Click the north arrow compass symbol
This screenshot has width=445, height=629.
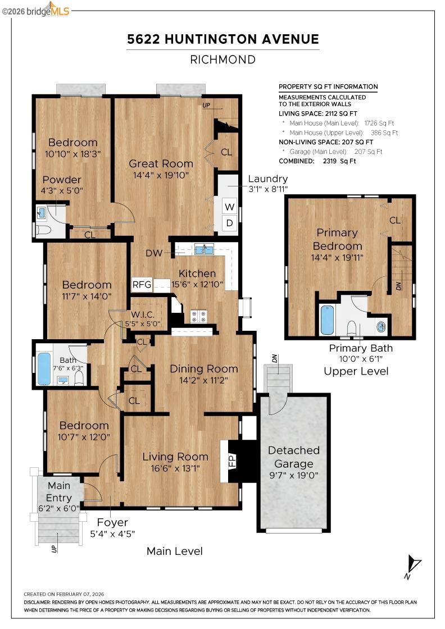(414, 564)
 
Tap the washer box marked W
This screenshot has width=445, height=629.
(229, 206)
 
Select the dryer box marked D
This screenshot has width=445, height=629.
(229, 223)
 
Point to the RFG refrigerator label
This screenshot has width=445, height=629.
(142, 284)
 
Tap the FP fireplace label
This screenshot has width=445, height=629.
(231, 461)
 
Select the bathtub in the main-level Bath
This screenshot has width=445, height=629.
(44, 368)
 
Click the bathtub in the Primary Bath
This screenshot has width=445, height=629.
(327, 320)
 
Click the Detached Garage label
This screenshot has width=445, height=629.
(293, 457)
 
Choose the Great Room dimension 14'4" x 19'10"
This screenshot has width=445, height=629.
(161, 175)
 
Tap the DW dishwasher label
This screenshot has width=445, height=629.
(154, 253)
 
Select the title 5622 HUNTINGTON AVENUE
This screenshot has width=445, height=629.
(223, 39)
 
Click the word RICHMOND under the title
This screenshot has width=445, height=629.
(223, 60)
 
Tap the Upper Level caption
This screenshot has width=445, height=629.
(356, 371)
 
